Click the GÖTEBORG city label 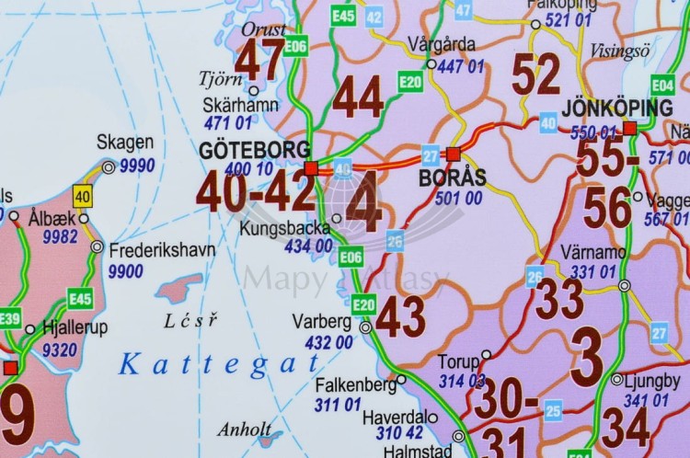(x=255, y=150)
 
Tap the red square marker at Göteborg (x=311, y=167)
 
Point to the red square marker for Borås (x=453, y=154)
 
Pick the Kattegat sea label (x=207, y=364)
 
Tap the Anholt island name (x=245, y=429)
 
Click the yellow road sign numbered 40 (x=83, y=195)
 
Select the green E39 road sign (x=10, y=318)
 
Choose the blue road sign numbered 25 (x=553, y=411)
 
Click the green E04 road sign (x=662, y=85)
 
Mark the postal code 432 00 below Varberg (x=328, y=342)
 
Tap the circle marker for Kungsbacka (x=337, y=218)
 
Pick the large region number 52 (x=535, y=74)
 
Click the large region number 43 (x=400, y=317)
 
